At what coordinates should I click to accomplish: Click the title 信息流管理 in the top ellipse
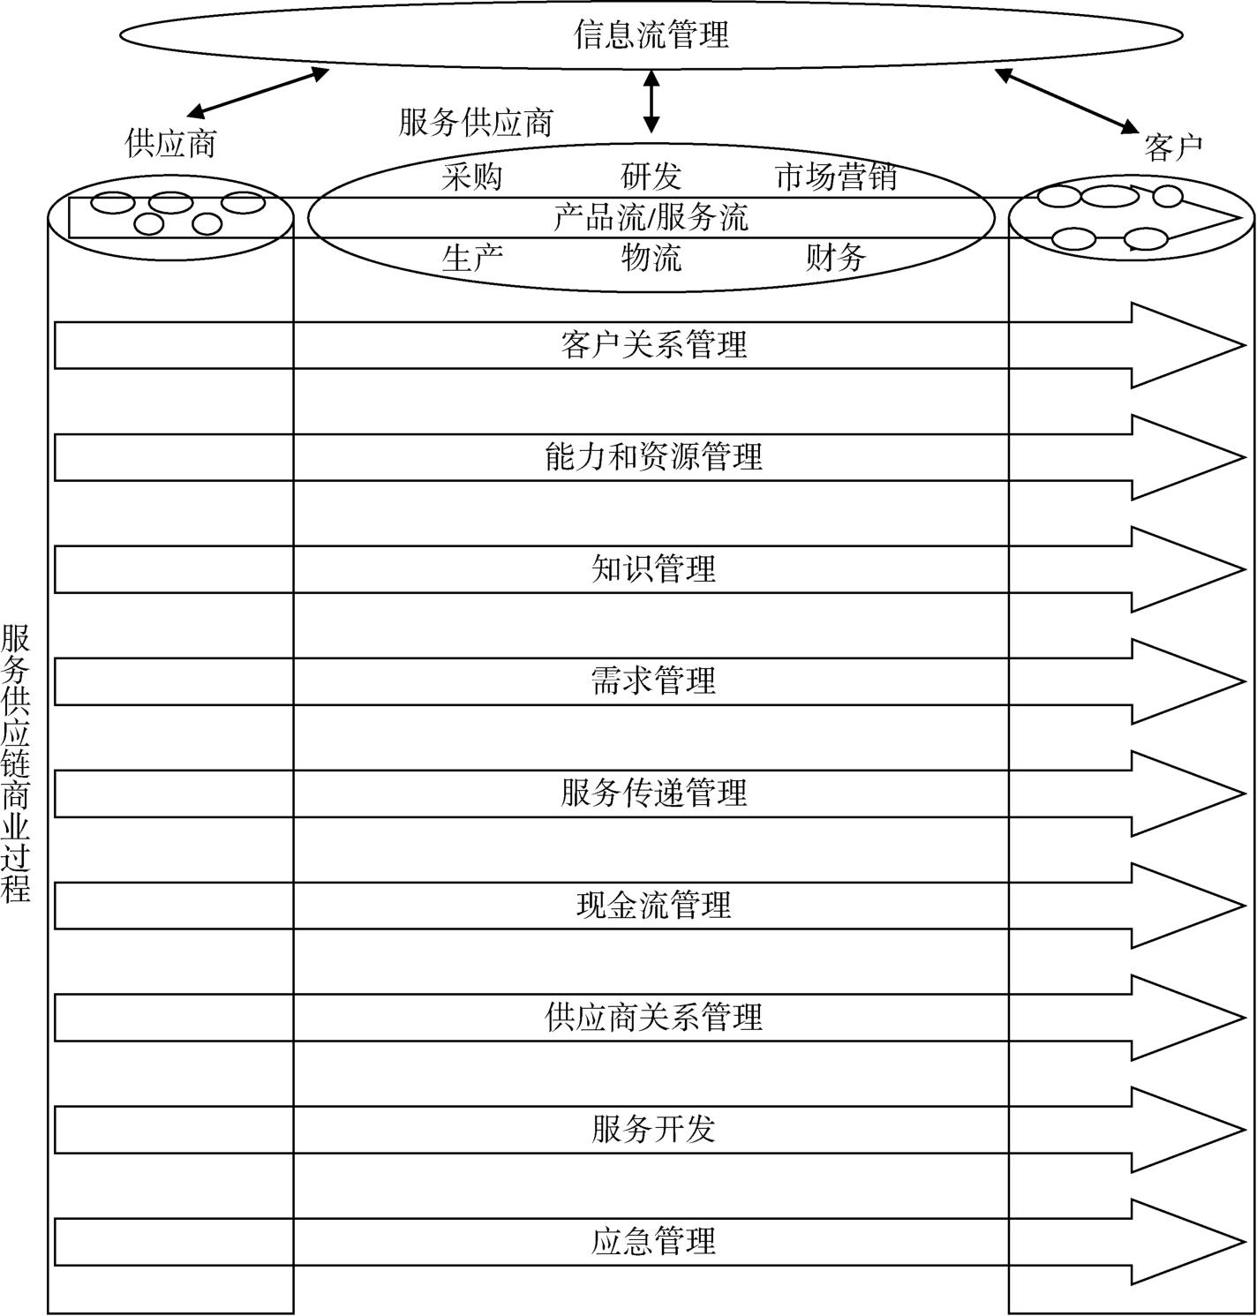click(651, 35)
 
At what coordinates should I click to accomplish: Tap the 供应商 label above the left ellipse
click(170, 143)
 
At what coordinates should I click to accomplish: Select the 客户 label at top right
click(1173, 147)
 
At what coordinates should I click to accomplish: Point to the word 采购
click(471, 177)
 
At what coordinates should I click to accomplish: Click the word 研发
click(651, 177)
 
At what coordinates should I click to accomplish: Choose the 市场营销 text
click(835, 177)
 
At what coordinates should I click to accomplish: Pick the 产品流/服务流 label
click(651, 217)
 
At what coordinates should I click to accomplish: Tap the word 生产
click(471, 258)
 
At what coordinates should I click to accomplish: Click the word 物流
click(651, 258)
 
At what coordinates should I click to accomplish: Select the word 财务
click(835, 258)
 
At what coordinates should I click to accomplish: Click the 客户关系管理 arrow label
click(653, 344)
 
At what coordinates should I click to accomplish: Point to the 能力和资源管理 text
click(653, 457)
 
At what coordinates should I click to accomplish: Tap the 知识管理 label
click(653, 569)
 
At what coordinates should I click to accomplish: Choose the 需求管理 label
click(653, 681)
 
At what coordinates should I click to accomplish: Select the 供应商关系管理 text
click(653, 1018)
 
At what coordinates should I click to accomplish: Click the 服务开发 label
click(653, 1130)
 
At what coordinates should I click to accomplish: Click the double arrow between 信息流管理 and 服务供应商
click(651, 102)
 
